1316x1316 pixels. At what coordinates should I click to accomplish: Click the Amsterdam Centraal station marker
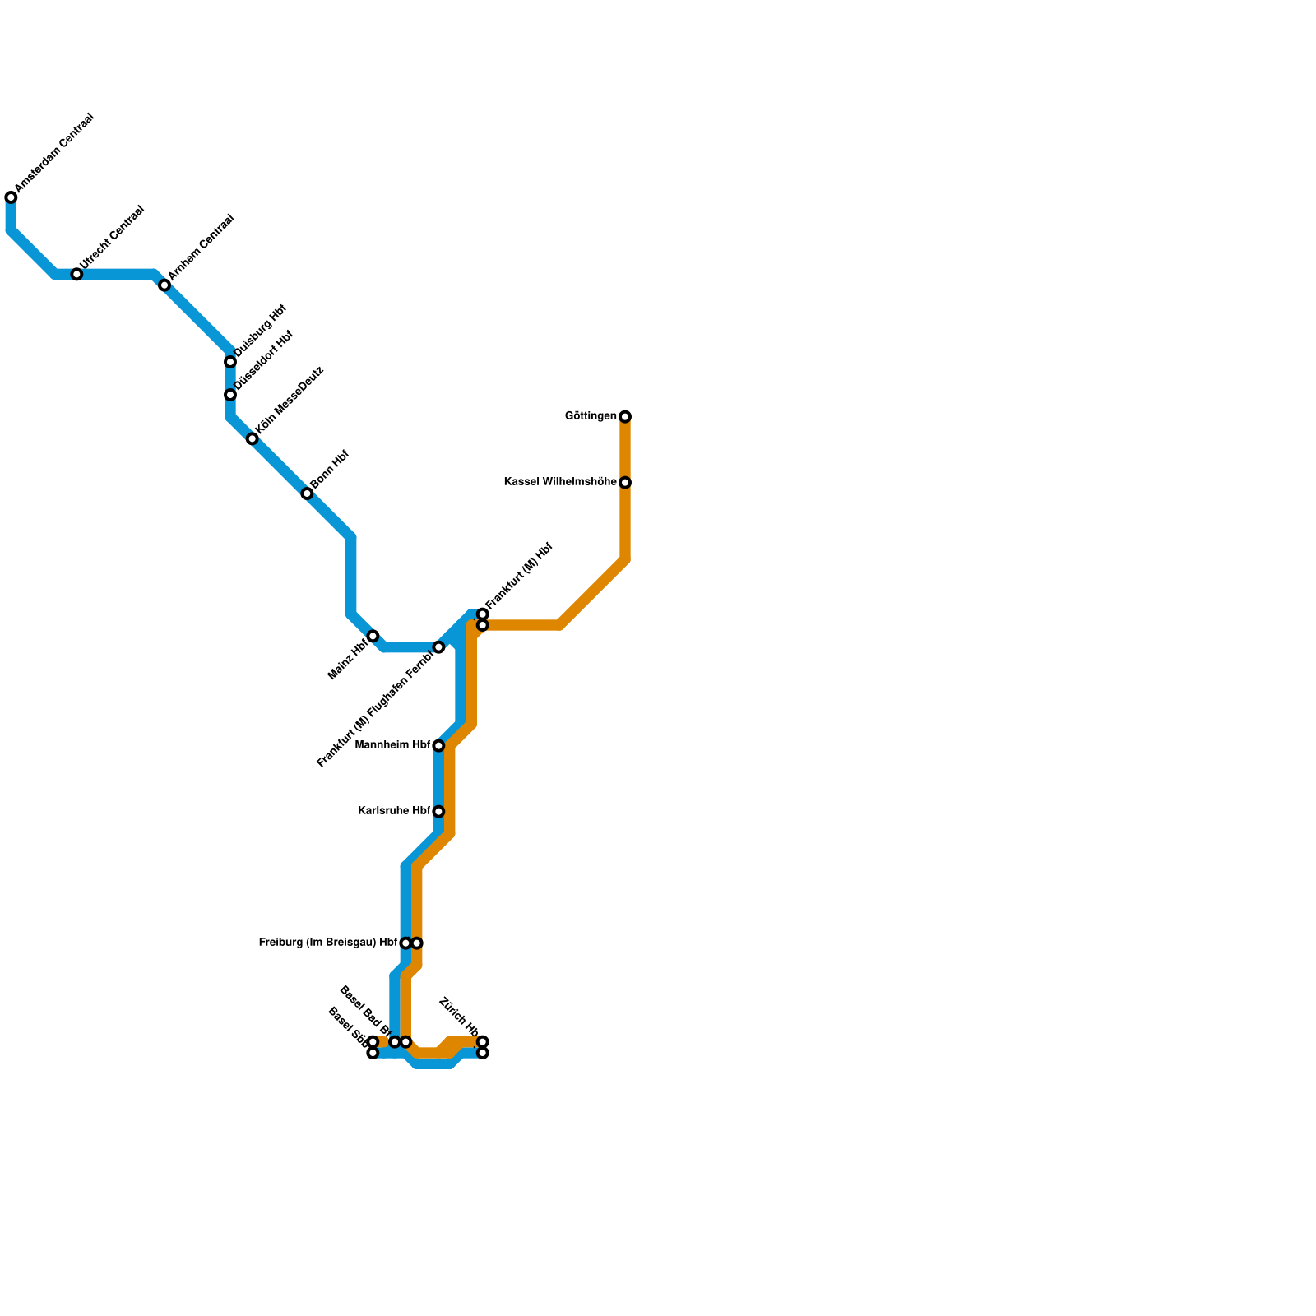point(11,197)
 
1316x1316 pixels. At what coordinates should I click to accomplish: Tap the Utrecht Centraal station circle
point(76,274)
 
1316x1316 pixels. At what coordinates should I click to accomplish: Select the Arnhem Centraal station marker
point(164,285)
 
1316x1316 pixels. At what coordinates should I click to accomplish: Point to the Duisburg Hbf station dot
point(230,362)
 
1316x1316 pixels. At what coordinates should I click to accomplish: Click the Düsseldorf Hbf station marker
point(230,395)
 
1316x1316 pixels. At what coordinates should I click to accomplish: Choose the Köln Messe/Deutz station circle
point(253,439)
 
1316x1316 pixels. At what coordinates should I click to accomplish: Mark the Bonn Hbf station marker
point(307,493)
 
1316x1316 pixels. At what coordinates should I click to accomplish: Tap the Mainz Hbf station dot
point(373,637)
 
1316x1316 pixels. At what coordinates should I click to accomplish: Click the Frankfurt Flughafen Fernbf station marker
point(438,647)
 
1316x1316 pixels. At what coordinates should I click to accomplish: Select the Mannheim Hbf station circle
point(438,746)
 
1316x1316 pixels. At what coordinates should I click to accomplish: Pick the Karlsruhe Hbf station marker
point(438,812)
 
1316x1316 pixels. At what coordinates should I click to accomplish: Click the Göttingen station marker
point(625,417)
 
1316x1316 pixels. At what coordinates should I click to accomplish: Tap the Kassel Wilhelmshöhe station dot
point(625,483)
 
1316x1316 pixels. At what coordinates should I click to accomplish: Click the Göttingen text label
point(591,416)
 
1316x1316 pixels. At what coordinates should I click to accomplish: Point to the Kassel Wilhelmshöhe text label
point(560,482)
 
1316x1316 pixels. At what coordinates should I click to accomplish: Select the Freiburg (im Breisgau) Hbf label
point(328,943)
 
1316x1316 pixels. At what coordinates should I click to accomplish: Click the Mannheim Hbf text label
point(393,746)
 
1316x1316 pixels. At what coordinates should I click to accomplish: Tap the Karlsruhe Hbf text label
point(395,811)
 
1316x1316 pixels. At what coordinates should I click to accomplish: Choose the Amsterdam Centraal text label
point(55,154)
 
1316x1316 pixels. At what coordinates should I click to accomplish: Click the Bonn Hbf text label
point(331,470)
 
